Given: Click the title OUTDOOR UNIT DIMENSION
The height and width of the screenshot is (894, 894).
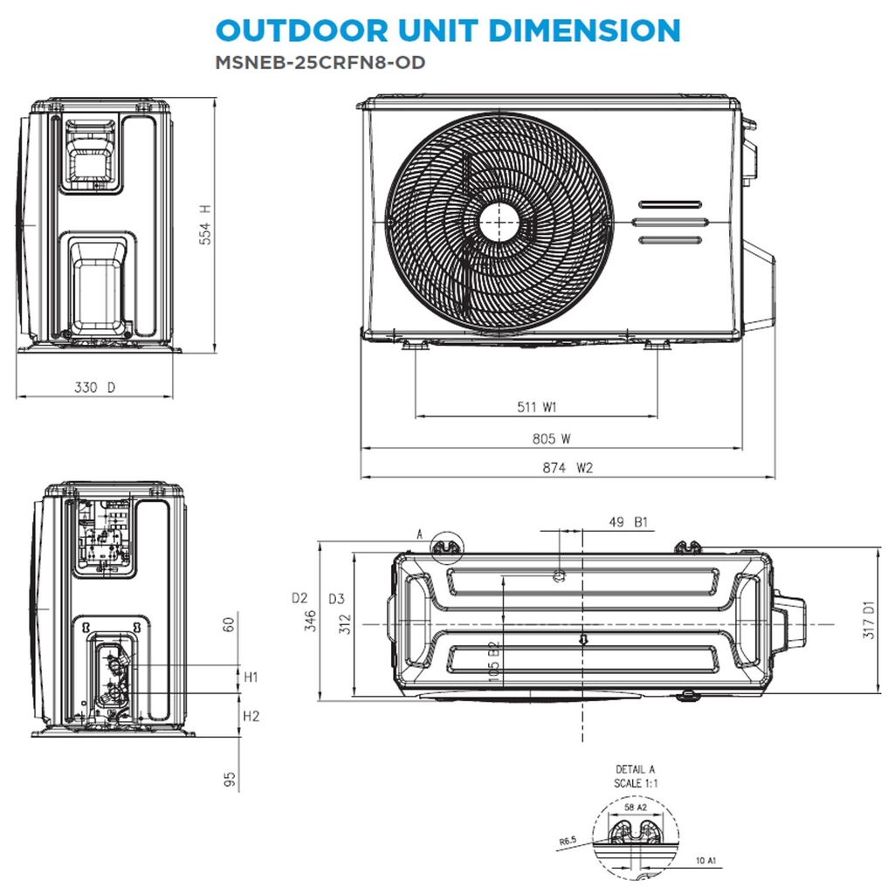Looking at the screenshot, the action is tap(448, 31).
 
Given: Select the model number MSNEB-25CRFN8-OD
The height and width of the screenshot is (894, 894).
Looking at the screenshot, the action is tap(320, 62).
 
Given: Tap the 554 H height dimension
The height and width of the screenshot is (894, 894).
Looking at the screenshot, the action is tap(204, 224).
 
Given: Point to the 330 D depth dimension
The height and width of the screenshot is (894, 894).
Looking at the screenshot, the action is tap(94, 388).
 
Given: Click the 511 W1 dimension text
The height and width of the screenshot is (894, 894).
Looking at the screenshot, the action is tap(537, 407).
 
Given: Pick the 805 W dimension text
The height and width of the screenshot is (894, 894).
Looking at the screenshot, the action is tap(552, 438).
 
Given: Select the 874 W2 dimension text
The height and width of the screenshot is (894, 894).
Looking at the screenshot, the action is tap(567, 468).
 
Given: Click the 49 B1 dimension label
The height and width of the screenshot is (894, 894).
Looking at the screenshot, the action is tap(629, 522).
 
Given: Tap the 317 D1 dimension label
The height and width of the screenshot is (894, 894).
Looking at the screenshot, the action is tap(869, 619).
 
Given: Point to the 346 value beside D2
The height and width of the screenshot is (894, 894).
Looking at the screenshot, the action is tap(310, 621).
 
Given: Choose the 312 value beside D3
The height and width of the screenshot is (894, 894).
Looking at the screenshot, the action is tap(345, 623).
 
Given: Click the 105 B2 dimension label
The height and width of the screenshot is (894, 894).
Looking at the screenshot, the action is tap(494, 661).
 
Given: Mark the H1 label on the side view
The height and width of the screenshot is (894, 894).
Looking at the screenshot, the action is tap(251, 677).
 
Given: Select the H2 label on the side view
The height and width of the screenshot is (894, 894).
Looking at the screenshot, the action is tap(251, 716).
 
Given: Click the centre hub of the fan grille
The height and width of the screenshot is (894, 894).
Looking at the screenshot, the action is tap(499, 223).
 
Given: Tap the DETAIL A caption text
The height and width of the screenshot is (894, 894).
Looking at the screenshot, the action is tap(636, 769).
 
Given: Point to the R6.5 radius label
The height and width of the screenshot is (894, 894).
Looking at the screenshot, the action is tap(567, 841).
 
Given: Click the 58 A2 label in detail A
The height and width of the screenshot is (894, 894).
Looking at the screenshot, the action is tap(636, 808).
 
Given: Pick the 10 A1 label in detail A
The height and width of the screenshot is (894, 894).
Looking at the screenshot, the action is tap(705, 860).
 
